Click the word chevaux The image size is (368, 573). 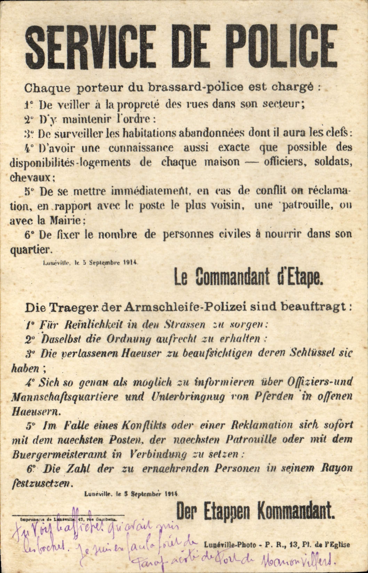tap(31, 177)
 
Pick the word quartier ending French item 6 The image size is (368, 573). tap(31, 249)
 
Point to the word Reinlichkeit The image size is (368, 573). tap(94, 325)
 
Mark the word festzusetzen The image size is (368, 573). tap(42, 483)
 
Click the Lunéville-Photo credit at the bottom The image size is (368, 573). tap(231, 545)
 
